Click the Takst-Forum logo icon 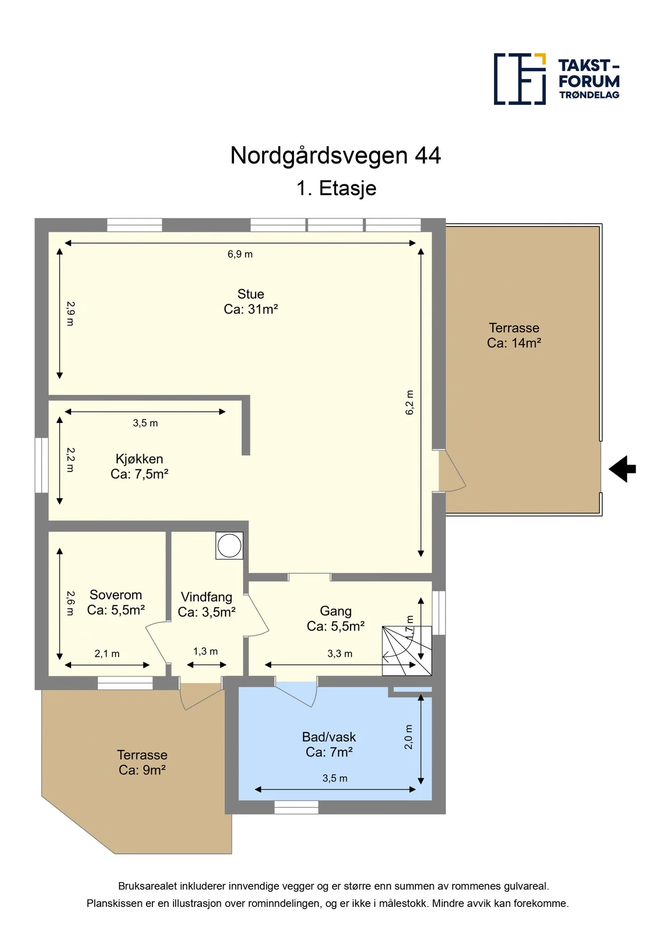(520, 79)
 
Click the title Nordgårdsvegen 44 (336, 156)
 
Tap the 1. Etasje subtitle (336, 189)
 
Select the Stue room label (251, 302)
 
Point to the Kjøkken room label (139, 467)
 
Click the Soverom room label (116, 603)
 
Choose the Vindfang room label (207, 605)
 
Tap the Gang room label (336, 619)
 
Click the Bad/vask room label (329, 745)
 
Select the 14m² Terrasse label (514, 335)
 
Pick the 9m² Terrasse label (142, 763)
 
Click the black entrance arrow (623, 469)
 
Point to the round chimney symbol (229, 545)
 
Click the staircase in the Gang (407, 651)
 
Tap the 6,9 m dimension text (240, 254)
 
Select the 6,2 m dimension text (410, 402)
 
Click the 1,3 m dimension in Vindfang (206, 651)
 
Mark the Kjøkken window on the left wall (42, 466)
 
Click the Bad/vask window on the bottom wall (297, 807)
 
